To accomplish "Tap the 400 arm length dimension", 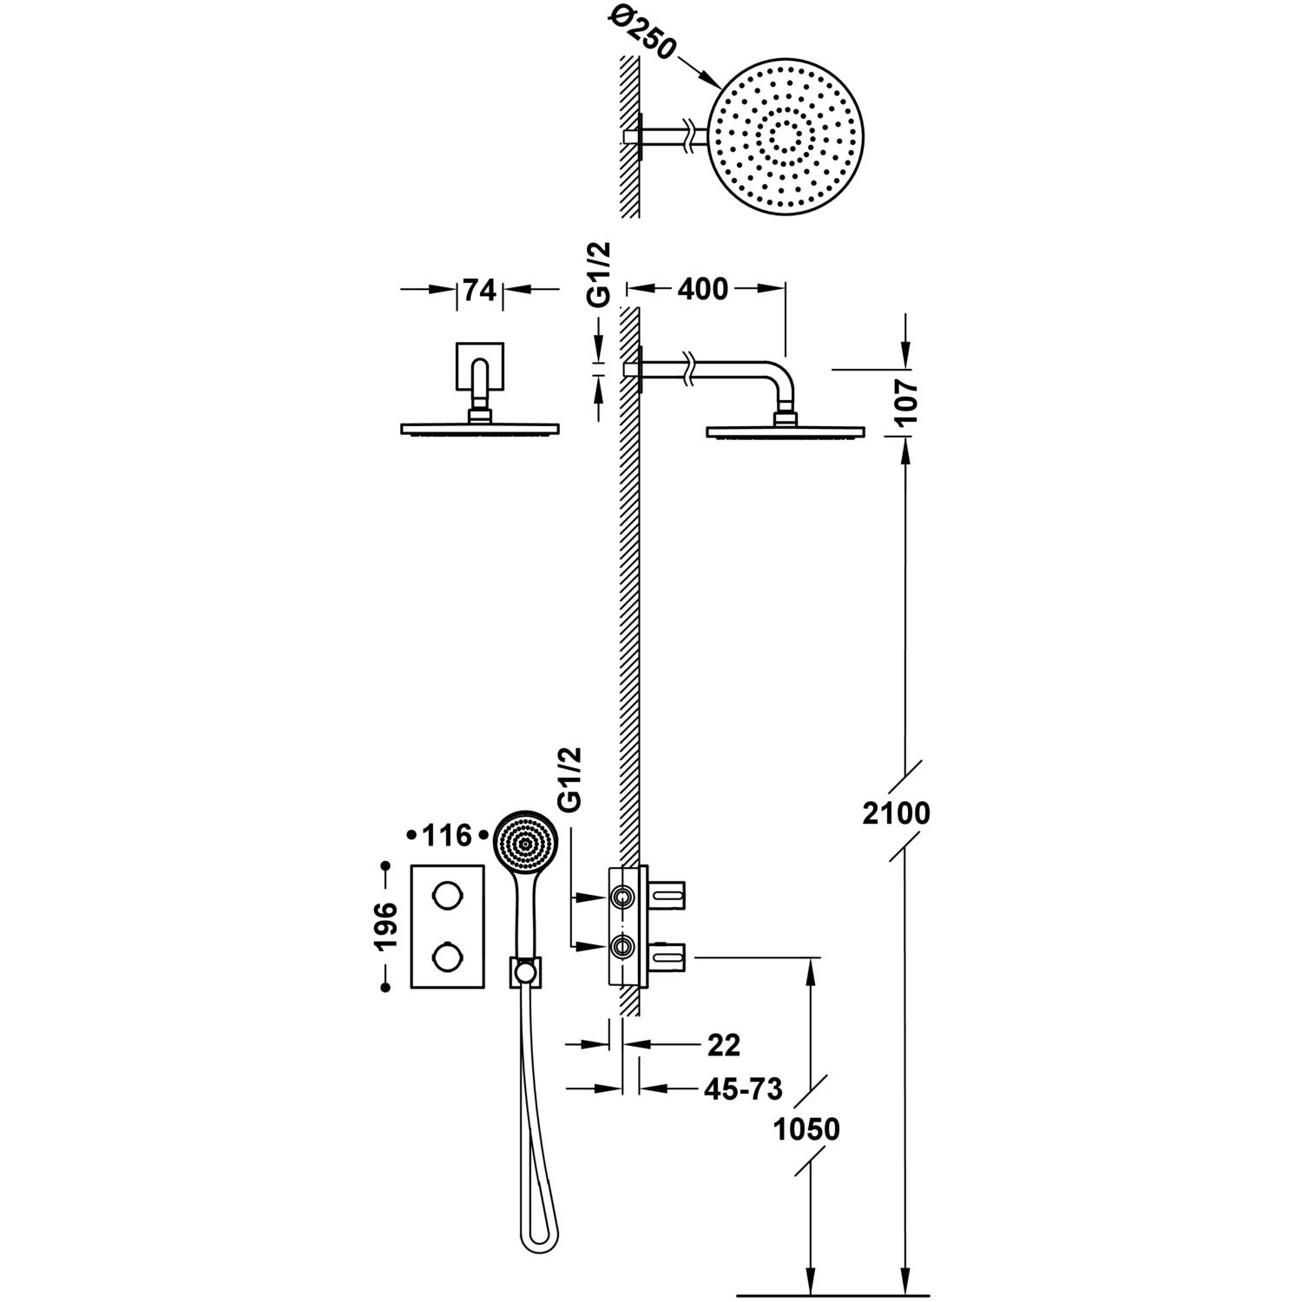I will (702, 289).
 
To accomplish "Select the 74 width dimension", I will (479, 290).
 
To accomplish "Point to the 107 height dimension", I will (904, 402).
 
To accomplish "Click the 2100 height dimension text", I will (898, 813).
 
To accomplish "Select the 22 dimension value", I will (724, 1046).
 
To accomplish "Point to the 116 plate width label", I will (447, 836).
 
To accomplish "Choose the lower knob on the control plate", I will (448, 958).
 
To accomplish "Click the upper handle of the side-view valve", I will (668, 892).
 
